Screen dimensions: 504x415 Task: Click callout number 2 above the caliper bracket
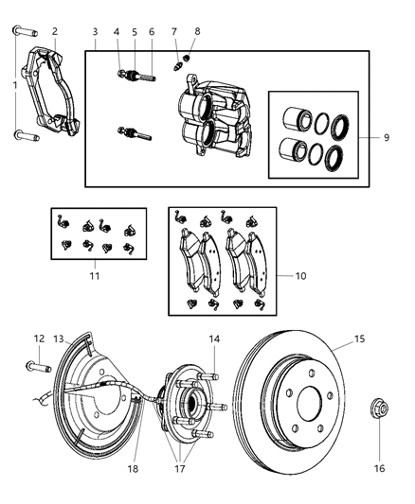click(54, 31)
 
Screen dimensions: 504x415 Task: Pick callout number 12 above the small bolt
click(39, 338)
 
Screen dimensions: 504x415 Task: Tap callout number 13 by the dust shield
click(59, 339)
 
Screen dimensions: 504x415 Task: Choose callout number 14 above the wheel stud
click(215, 338)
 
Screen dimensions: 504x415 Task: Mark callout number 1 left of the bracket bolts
click(12, 86)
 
